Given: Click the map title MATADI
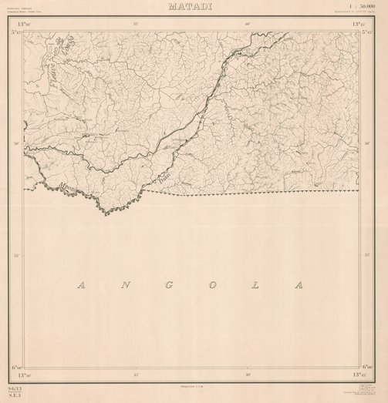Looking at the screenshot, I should point(194,7).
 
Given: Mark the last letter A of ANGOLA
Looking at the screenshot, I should point(299,286).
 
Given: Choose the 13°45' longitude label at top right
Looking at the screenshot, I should point(359,25).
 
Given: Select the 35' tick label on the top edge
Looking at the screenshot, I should point(137,25).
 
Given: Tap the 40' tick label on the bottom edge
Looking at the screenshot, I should point(248,374).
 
